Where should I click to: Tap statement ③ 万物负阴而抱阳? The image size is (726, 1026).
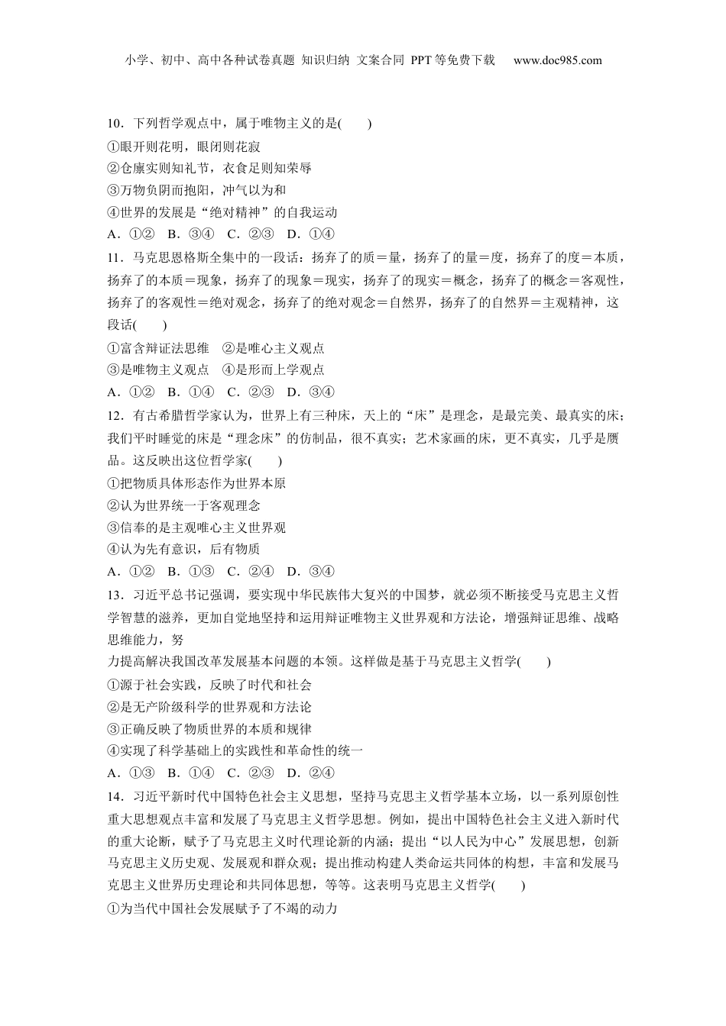pos(196,190)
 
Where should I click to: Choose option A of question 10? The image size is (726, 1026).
pos(131,234)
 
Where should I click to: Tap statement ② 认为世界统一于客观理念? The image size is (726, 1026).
pos(184,505)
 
